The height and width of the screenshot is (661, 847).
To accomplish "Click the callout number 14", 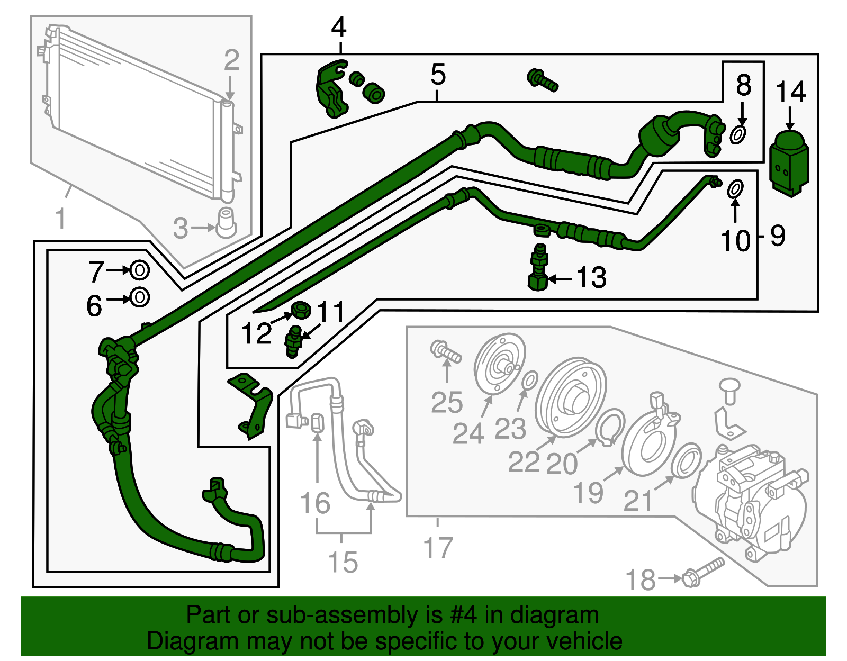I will (x=790, y=92).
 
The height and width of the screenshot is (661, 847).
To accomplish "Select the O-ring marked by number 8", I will (x=739, y=134).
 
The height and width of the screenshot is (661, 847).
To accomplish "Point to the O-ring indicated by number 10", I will (x=735, y=188).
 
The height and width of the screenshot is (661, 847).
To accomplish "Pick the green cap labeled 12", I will (x=301, y=309).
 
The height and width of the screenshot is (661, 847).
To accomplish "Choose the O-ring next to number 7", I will (x=139, y=270).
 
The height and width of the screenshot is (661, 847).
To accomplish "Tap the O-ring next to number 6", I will (x=140, y=297).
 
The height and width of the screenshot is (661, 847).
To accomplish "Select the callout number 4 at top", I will (x=339, y=27).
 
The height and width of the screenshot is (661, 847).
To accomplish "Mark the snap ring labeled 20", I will (x=610, y=427).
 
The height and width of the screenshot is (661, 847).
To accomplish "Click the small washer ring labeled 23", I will (x=530, y=379).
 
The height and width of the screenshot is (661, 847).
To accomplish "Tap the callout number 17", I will (x=438, y=548).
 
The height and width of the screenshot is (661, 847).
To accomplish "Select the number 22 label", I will (x=524, y=462).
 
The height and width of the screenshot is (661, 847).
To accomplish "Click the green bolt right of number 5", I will (x=542, y=80).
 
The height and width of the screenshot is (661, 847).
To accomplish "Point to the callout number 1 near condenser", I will (x=60, y=218).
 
